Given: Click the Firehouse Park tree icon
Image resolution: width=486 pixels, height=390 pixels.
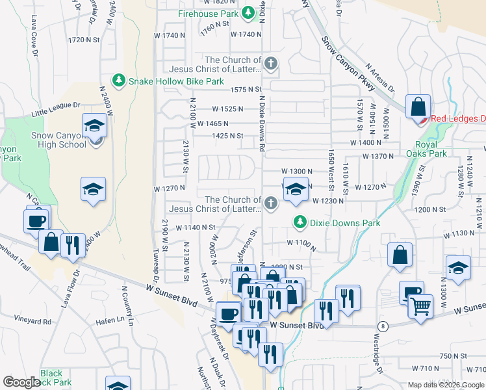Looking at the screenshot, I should [x=248, y=13].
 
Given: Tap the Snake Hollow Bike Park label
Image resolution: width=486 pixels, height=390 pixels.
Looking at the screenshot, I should [x=175, y=81].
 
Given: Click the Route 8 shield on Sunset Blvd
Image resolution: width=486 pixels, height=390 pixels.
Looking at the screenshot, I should [x=384, y=326].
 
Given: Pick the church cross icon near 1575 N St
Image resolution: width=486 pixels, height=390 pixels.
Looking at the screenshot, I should [x=271, y=64].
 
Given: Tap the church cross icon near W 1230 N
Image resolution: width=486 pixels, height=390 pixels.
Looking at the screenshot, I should [x=271, y=205].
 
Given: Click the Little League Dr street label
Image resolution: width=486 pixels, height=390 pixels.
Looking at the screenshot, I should [x=55, y=109].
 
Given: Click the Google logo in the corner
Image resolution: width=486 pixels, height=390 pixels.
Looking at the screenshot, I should [x=21, y=382].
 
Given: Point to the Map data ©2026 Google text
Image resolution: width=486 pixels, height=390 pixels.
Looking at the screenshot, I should [x=445, y=385].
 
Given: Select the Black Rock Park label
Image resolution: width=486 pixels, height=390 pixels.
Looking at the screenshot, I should [x=54, y=378].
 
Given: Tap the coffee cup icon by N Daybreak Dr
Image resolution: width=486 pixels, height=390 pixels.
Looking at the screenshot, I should [x=228, y=313].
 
